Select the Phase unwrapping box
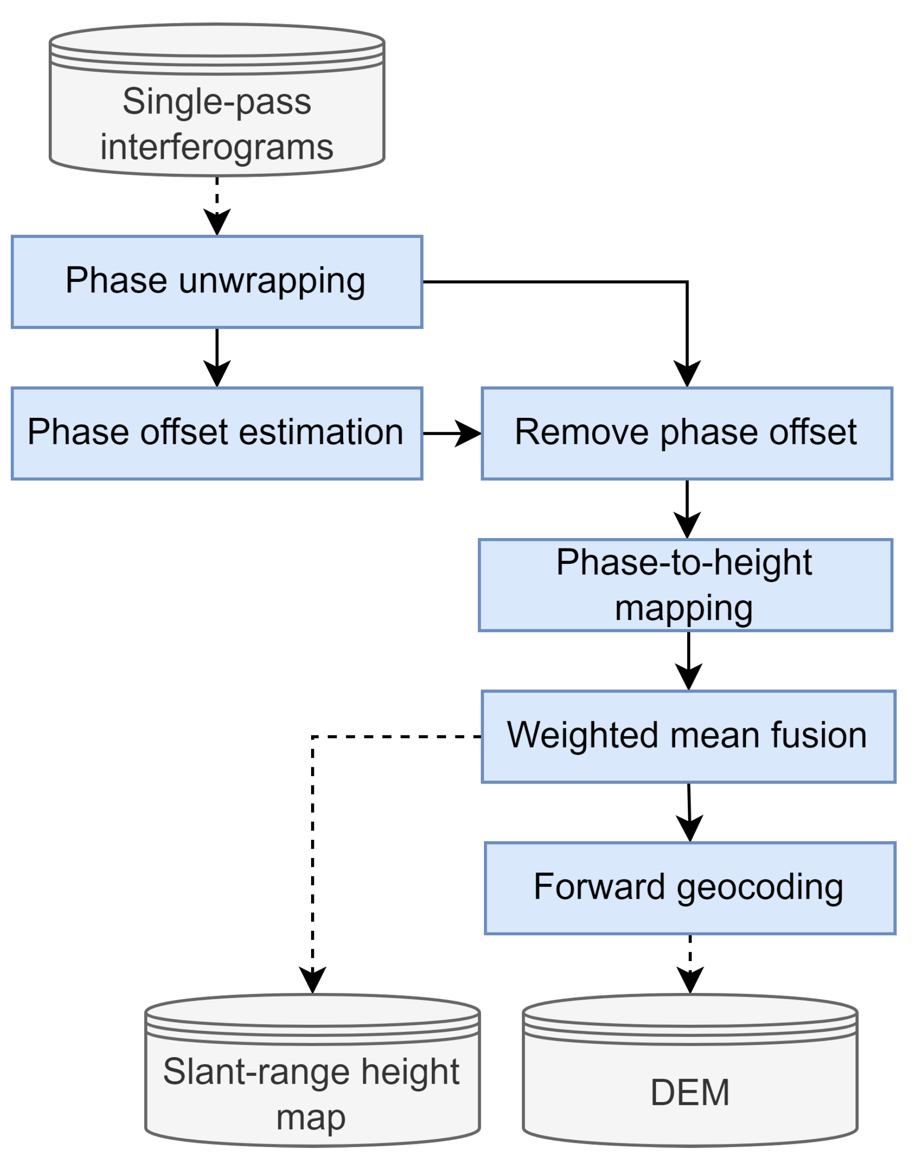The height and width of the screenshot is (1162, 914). coord(217,282)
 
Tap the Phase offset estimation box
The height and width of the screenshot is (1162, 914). coord(217,433)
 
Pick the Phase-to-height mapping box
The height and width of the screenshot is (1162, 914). coord(685,585)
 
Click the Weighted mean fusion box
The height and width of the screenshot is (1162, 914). coord(688,737)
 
